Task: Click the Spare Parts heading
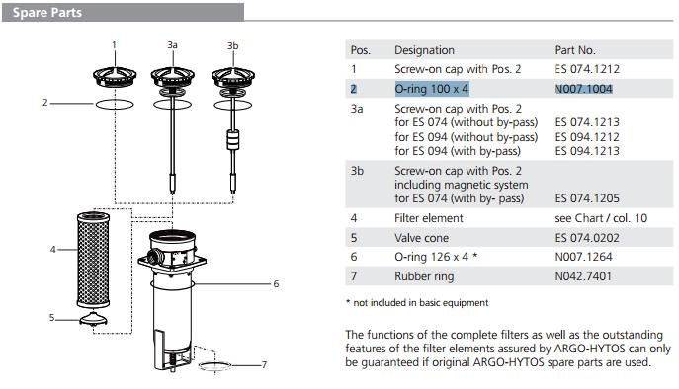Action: pyautogui.click(x=46, y=13)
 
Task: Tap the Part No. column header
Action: pyautogui.click(x=575, y=50)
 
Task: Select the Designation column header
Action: pyautogui.click(x=424, y=50)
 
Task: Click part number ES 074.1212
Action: pyautogui.click(x=587, y=69)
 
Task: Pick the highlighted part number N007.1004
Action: pyautogui.click(x=584, y=89)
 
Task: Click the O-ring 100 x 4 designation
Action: pyautogui.click(x=432, y=89)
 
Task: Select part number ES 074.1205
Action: pyautogui.click(x=587, y=198)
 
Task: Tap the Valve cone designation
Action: pyautogui.click(x=421, y=238)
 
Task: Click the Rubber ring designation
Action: pyautogui.click(x=424, y=276)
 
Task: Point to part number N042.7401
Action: pyautogui.click(x=583, y=276)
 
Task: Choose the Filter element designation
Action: pyautogui.click(x=429, y=218)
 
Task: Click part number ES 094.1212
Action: pyautogui.click(x=587, y=137)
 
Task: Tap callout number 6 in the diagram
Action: pyautogui.click(x=276, y=284)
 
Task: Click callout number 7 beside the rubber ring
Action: pyautogui.click(x=264, y=364)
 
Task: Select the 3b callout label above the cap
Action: pyautogui.click(x=232, y=45)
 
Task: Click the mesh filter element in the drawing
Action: pyautogui.click(x=93, y=260)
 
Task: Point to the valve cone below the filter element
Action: pyautogui.click(x=93, y=319)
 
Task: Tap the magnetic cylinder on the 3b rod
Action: pyautogui.click(x=233, y=140)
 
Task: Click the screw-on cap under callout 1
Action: pyautogui.click(x=115, y=77)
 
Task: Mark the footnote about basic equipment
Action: pyautogui.click(x=417, y=303)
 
